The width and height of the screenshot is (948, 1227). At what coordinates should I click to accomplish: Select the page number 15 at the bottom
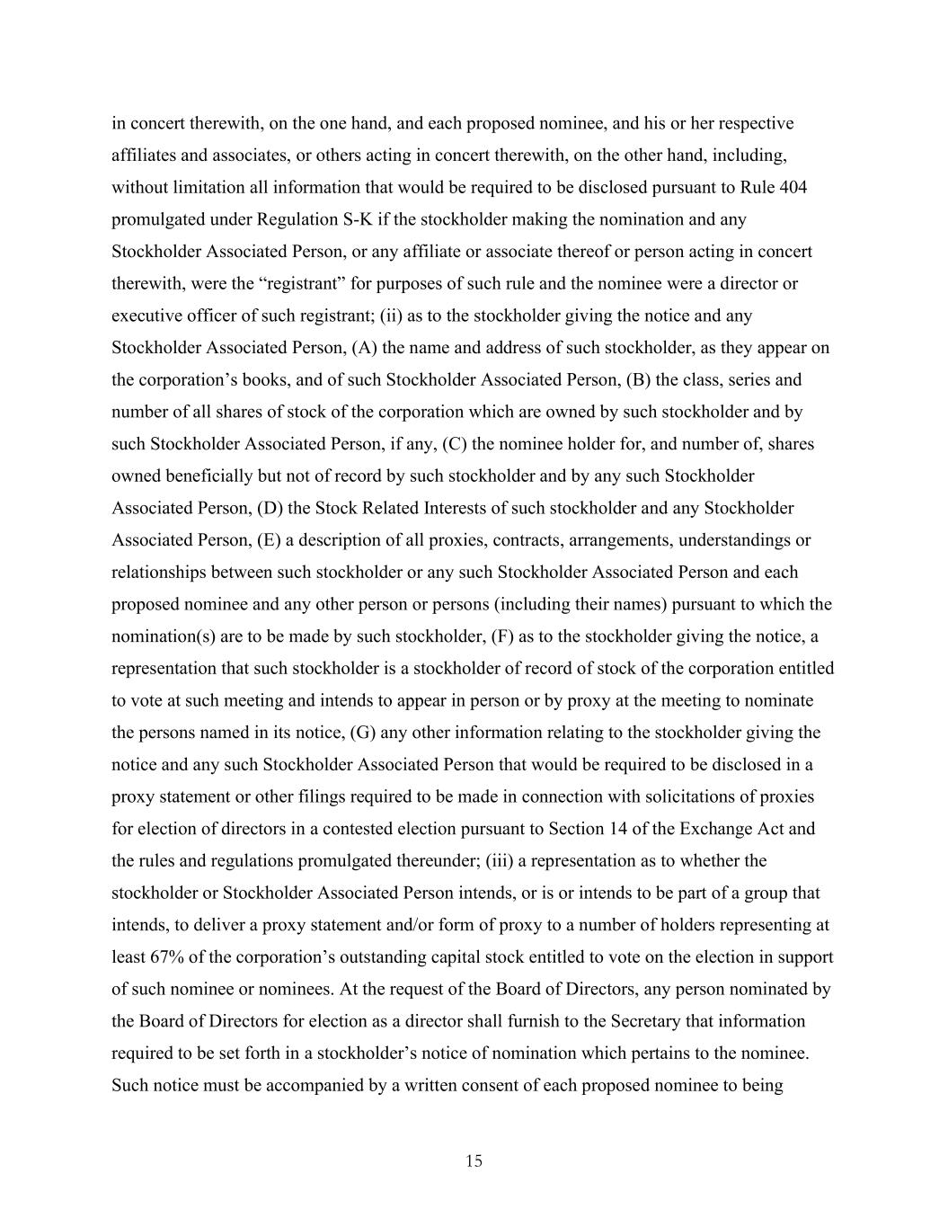click(474, 1161)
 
